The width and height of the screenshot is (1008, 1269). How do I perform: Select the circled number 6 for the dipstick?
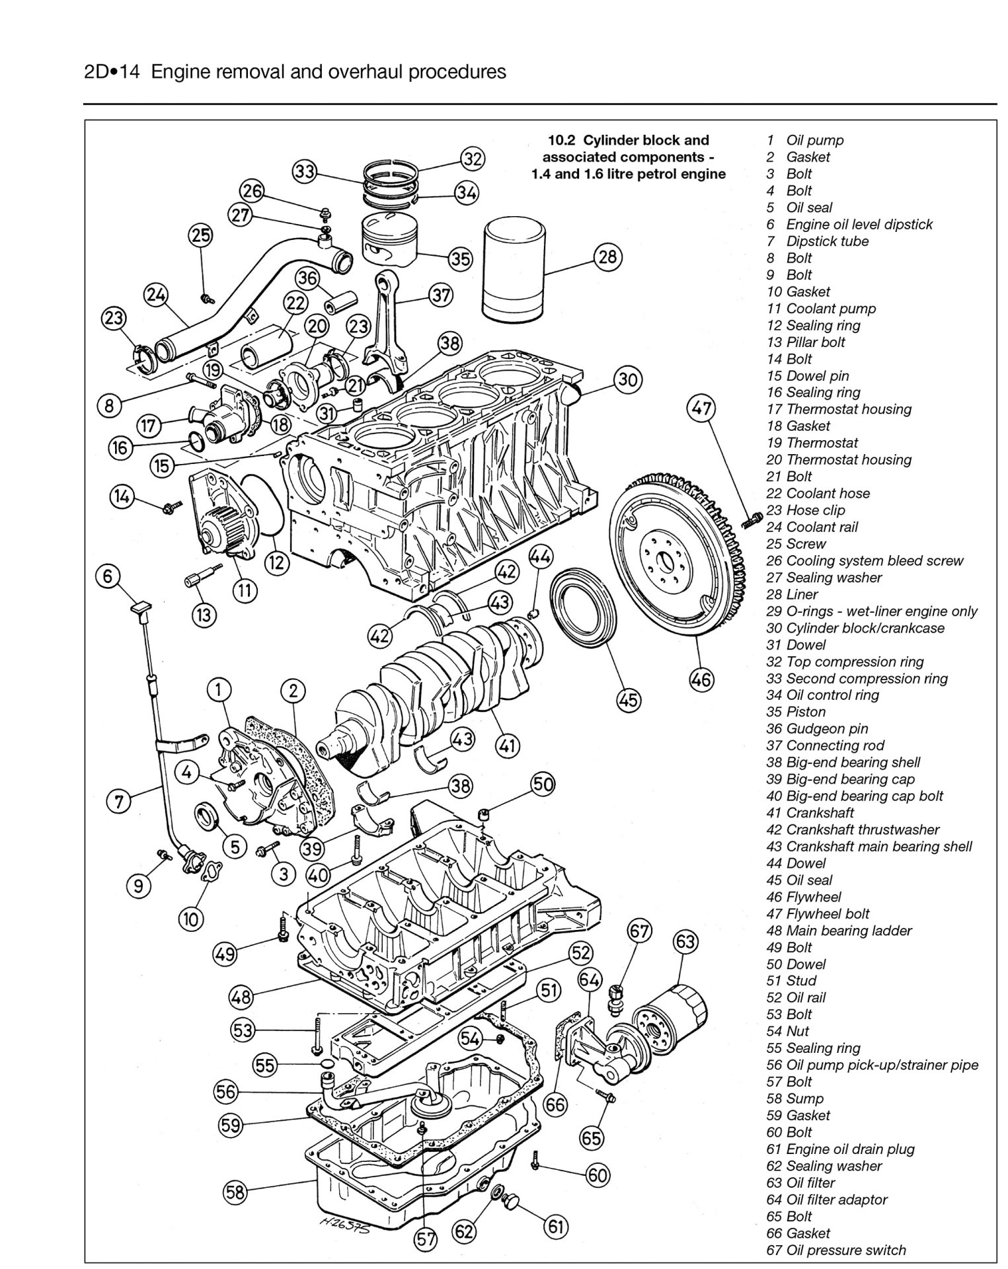[x=108, y=576]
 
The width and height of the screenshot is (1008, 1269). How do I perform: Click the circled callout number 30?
[x=627, y=379]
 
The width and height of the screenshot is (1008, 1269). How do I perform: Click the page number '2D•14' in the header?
[x=112, y=71]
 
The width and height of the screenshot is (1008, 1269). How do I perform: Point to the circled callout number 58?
[x=235, y=1192]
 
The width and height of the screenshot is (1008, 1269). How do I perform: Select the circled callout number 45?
[x=629, y=699]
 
